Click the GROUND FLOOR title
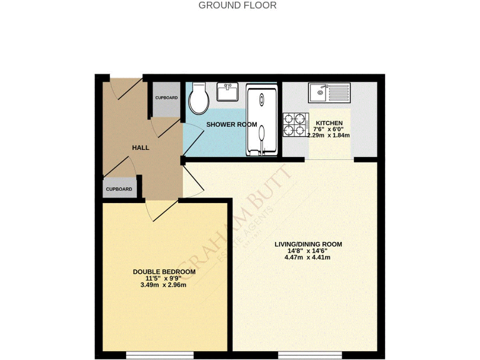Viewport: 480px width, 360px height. pyautogui.click(x=237, y=6)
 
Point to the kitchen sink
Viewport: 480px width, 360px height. pyautogui.click(x=330, y=94)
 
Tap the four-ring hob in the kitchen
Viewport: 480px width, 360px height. pyautogui.click(x=294, y=123)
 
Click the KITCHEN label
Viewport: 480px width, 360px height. pyautogui.click(x=329, y=122)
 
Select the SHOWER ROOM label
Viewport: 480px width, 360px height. pyautogui.click(x=232, y=124)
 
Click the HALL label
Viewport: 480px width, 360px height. pyautogui.click(x=141, y=147)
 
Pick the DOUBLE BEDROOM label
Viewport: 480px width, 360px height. pyautogui.click(x=164, y=272)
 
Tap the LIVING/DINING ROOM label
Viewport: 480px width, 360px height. pyautogui.click(x=309, y=244)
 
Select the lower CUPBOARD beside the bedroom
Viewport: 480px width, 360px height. pyautogui.click(x=119, y=189)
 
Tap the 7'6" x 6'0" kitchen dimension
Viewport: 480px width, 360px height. pyautogui.click(x=329, y=129)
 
